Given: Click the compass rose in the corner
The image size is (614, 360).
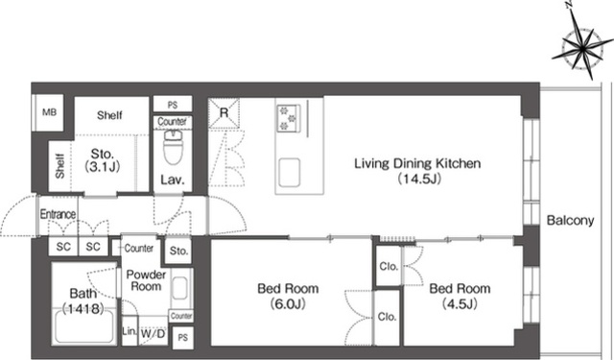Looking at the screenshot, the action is (582, 47).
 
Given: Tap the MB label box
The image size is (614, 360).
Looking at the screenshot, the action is (49, 112).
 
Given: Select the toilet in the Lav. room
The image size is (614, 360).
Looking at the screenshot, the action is (173, 147).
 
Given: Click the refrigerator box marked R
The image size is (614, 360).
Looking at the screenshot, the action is (224, 113).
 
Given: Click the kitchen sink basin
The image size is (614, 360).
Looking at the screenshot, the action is (290, 173).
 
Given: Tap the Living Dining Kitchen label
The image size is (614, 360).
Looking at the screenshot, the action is (417, 163).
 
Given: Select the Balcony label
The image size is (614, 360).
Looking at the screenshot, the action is (570, 221).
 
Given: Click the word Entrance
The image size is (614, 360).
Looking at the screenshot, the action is (58, 214).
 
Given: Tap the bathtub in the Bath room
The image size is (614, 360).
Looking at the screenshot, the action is (84, 325).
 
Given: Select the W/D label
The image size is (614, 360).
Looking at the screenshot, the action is (153, 334).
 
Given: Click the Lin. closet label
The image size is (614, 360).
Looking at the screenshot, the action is (130, 331).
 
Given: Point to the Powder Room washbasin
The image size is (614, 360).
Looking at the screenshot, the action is (179, 288).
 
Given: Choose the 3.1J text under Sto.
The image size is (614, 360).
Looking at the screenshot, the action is (103, 167).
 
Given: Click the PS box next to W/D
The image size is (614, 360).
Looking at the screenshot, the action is (183, 337).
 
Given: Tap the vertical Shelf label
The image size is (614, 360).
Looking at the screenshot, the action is (59, 166).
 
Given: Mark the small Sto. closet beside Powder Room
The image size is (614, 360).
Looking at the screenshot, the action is (178, 251).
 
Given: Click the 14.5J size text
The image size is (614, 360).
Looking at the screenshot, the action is (419, 179).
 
